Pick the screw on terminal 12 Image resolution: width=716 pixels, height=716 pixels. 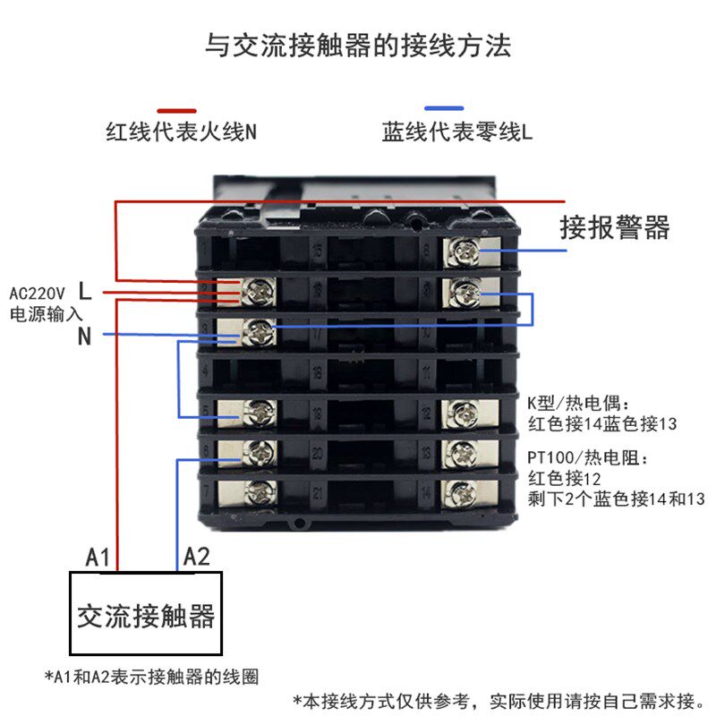click(x=465, y=411)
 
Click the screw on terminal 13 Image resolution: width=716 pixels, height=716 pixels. click(x=465, y=450)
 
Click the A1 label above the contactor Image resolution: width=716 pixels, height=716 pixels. click(x=98, y=557)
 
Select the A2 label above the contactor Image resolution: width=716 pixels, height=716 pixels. click(x=196, y=557)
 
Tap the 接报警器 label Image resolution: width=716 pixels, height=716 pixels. click(x=615, y=226)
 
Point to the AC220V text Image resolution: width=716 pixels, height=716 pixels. click(x=38, y=293)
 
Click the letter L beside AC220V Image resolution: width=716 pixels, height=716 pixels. click(x=85, y=290)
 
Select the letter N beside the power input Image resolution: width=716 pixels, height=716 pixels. click(x=85, y=337)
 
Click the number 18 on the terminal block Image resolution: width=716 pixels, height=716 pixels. click(x=315, y=369)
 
